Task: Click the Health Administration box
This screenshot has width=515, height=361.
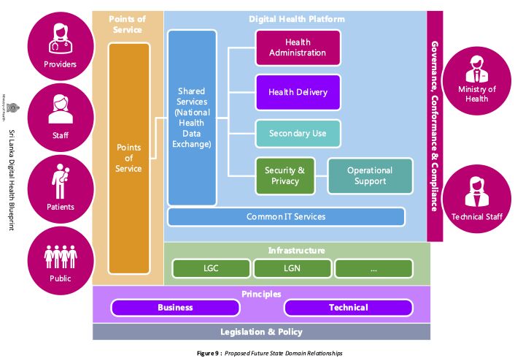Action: (298, 47)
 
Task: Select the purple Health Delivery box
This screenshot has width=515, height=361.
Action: (298, 92)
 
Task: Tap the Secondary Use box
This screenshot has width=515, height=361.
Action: (298, 134)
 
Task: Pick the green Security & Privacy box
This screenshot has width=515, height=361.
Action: (284, 175)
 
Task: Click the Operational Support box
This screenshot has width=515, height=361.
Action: (370, 175)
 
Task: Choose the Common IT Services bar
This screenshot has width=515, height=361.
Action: (286, 216)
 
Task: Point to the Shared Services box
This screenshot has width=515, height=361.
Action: (193, 118)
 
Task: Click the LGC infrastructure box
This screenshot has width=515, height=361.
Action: (211, 268)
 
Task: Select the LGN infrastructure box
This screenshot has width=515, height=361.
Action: (292, 268)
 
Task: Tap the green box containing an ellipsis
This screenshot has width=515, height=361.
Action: (373, 268)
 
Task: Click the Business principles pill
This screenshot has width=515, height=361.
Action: (175, 308)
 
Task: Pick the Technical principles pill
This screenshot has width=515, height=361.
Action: (348, 308)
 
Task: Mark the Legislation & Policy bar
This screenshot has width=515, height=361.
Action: (261, 332)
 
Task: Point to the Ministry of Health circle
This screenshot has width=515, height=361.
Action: (477, 81)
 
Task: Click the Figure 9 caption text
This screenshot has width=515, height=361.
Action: (269, 354)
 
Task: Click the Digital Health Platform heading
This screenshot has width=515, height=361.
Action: (296, 18)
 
